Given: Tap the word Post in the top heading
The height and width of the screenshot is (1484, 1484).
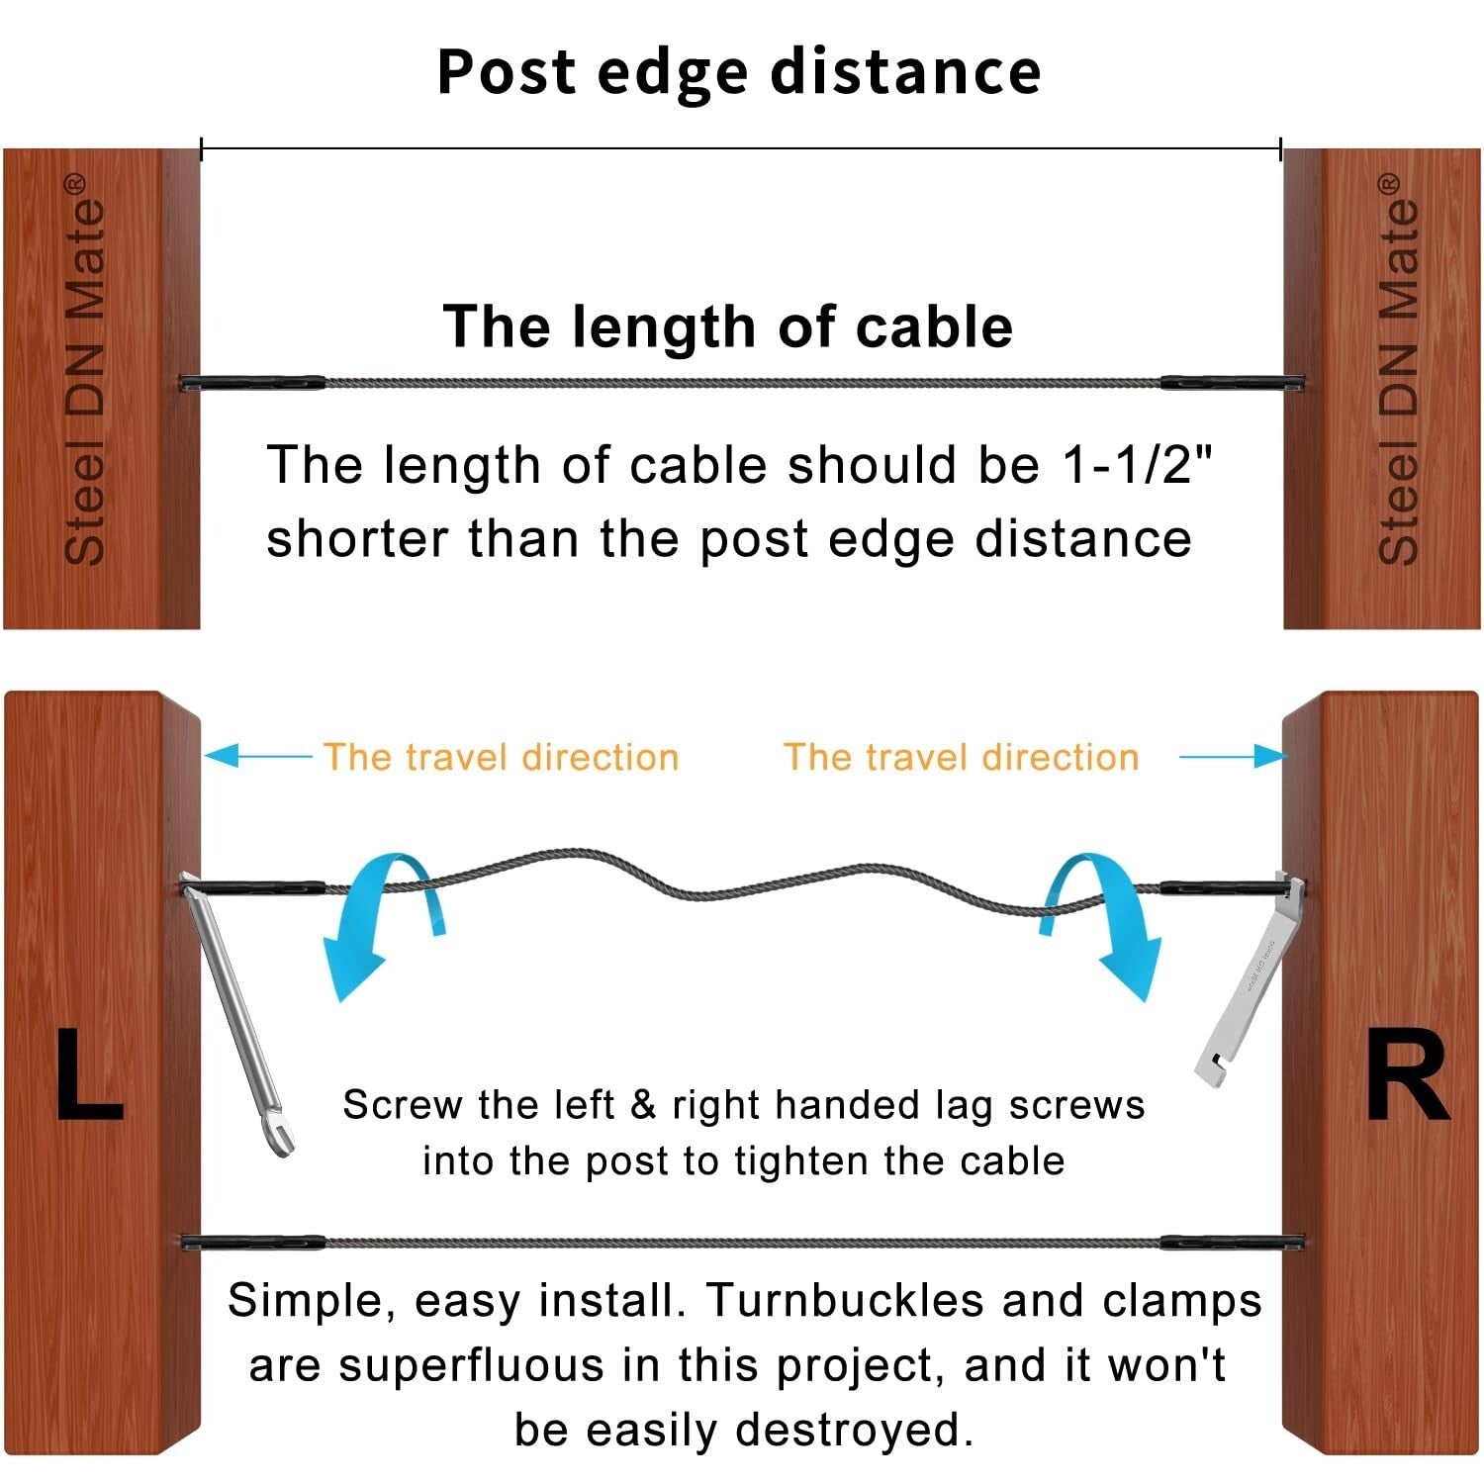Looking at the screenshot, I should coord(506,72).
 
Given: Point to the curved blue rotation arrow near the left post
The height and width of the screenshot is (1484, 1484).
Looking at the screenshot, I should coord(381,920).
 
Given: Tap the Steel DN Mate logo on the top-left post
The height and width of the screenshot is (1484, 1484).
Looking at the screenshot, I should coord(84,371).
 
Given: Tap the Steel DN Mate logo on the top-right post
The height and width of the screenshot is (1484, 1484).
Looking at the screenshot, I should coord(1398,371).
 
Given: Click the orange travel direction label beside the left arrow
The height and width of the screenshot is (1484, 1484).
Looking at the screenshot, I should coord(501,757).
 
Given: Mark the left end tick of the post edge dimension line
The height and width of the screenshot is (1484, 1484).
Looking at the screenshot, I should coord(202,149).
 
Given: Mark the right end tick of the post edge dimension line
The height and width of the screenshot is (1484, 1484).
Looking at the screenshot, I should coord(1281,149).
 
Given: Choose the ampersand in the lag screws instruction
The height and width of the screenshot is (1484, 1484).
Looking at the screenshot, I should coord(643,1105).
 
